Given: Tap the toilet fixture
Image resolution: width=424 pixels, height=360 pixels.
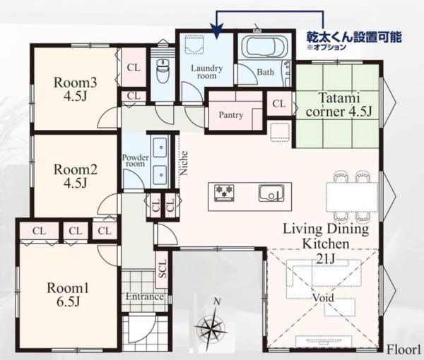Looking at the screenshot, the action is tap(163, 71).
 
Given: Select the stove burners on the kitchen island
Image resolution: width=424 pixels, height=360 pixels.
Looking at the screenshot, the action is tap(224, 193).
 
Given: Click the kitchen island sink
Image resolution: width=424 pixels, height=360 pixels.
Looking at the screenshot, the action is tap(271, 193).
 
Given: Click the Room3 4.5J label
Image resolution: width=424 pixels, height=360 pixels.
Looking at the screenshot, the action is tap(75, 89).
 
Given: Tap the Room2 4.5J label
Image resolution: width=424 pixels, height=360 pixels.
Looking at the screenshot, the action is tap(75, 176).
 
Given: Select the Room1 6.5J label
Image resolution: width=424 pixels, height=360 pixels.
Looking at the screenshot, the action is tap(68, 294).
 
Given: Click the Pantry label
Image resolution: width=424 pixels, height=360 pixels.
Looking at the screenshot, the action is tap(230, 115).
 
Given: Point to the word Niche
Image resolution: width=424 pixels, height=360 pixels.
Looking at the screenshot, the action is tap(184, 163).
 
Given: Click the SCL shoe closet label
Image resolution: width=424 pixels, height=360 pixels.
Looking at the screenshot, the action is tap(163, 269).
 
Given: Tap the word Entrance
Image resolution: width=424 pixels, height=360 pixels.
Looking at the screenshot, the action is tap(145, 296).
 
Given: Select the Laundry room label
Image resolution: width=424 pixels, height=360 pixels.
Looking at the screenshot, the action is tap(207, 72).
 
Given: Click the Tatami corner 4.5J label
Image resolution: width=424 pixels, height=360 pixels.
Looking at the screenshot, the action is tap(339, 104).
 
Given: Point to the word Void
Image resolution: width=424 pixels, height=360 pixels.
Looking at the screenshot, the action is tap(323, 298).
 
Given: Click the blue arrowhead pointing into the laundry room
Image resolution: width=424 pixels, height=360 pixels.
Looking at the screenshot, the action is tap(217, 30).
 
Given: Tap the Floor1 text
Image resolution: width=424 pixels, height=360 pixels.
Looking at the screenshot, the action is tap(404, 349).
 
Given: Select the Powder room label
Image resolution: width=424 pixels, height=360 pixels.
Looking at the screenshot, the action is tap(136, 160).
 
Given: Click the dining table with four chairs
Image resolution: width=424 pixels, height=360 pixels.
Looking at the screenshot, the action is tap(352, 196).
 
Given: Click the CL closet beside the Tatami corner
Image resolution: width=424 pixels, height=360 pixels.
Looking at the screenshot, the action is tap(279, 104).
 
